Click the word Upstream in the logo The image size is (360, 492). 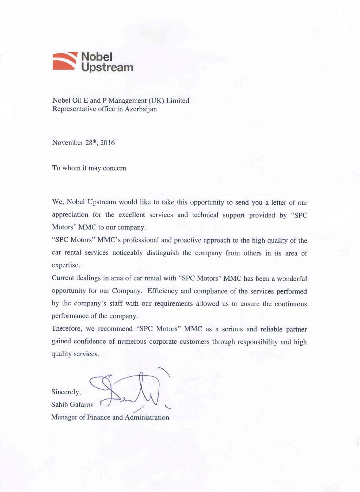107,67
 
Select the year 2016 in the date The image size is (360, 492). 107,143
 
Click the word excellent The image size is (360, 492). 131,215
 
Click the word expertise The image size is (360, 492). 66,265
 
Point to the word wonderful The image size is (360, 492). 292,279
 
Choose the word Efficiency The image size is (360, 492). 162,291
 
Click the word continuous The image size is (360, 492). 290,304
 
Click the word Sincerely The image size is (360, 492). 66,392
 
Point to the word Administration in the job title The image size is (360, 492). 147,417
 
